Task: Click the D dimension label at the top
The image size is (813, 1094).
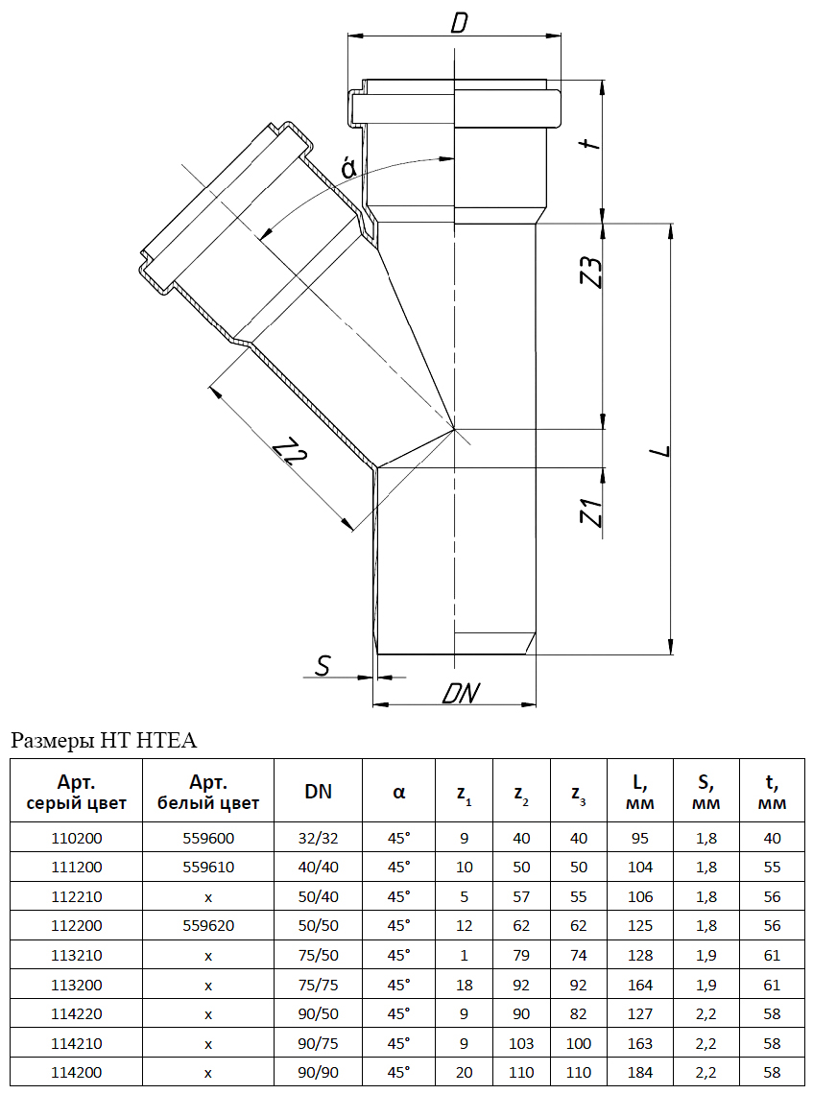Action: click(x=458, y=22)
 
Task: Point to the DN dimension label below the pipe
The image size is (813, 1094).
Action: click(x=461, y=693)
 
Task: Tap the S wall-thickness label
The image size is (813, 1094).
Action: click(x=323, y=664)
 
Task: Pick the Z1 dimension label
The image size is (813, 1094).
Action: click(x=594, y=513)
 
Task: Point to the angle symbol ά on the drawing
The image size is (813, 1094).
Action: click(x=349, y=169)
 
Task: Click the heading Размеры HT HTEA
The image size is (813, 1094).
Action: click(x=103, y=740)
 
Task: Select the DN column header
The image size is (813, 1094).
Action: click(x=318, y=792)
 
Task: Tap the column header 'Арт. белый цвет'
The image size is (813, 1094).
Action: click(x=208, y=792)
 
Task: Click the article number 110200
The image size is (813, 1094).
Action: click(x=76, y=838)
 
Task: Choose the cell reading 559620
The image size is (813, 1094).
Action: click(x=208, y=926)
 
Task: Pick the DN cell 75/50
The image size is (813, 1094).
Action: click(x=318, y=956)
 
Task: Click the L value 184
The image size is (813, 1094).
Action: click(x=640, y=1073)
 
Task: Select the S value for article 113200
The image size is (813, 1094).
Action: click(x=705, y=985)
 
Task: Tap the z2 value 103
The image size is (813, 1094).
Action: click(x=521, y=1044)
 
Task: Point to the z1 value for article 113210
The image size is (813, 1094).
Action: click(x=464, y=956)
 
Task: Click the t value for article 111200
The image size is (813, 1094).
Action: click(x=772, y=867)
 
